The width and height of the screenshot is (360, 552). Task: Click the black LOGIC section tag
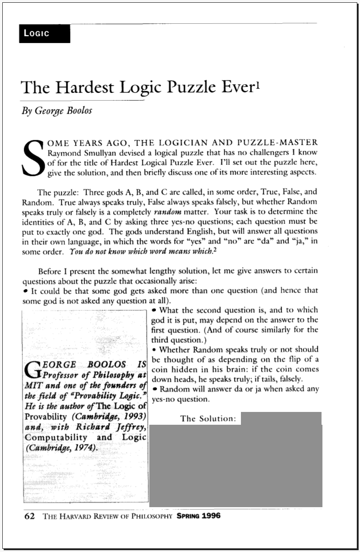click(x=44, y=34)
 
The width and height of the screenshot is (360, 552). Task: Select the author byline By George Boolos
click(x=57, y=111)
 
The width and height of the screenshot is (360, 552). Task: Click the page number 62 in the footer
click(x=29, y=516)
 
